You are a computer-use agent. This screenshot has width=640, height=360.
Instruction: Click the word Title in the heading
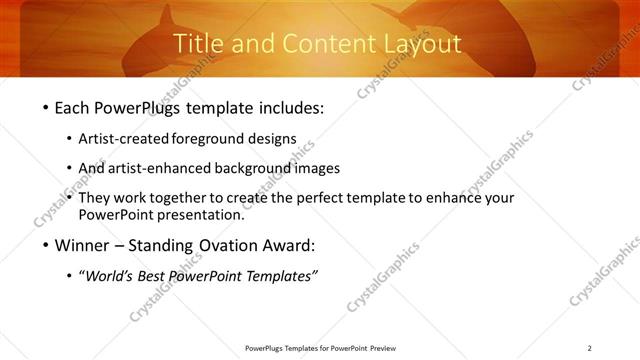[x=198, y=44]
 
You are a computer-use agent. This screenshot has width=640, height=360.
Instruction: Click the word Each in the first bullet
[x=75, y=107]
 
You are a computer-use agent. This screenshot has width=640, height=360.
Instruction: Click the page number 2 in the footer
[x=590, y=348]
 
